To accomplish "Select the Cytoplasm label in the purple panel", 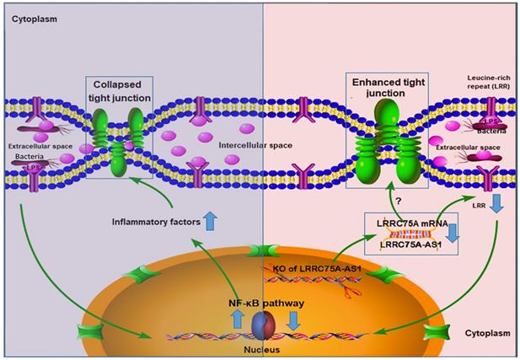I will tap(31, 16).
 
